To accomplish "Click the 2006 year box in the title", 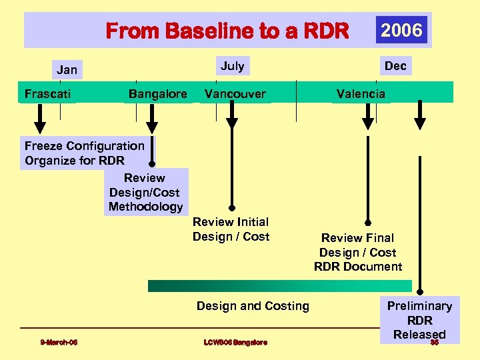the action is (402, 30).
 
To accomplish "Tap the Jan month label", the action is (67, 69).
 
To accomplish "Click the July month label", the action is (232, 65).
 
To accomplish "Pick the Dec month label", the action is (395, 65).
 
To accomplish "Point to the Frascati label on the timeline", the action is (47, 93).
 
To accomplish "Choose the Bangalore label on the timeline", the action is (157, 93).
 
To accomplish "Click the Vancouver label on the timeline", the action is (235, 93).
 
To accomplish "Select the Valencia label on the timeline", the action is (361, 93).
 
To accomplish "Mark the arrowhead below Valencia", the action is (368, 123).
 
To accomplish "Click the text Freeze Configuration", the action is (84, 145).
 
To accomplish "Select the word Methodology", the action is (145, 207).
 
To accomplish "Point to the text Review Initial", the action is (231, 222).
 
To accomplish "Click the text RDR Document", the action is (358, 267).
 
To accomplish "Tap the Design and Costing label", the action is (253, 306).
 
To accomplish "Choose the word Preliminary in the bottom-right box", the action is (419, 306).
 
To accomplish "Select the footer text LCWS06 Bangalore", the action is (235, 343).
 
